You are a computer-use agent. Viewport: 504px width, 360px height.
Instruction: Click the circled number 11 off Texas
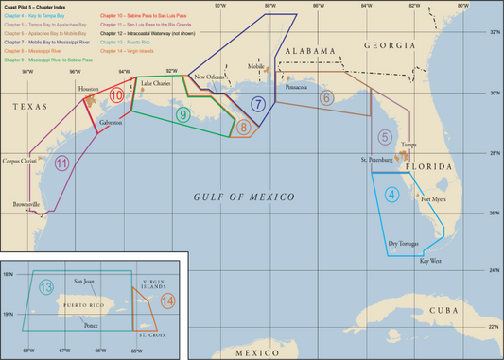pyautogui.click(x=61, y=163)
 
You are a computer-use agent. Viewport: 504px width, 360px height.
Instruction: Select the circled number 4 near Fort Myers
pyautogui.click(x=391, y=196)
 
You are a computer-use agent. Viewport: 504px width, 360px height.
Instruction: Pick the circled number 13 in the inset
pyautogui.click(x=46, y=287)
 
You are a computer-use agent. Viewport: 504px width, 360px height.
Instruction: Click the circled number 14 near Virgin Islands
pyautogui.click(x=167, y=301)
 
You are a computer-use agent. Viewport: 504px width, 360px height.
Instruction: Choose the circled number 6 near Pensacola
pyautogui.click(x=326, y=97)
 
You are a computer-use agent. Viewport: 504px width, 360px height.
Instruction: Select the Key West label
pyautogui.click(x=431, y=260)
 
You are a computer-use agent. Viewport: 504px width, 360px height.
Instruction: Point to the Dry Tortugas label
pyautogui.click(x=404, y=243)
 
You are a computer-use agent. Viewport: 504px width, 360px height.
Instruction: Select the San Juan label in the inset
pyautogui.click(x=84, y=282)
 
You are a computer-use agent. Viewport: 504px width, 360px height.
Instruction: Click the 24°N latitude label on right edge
pyautogui.click(x=493, y=271)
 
